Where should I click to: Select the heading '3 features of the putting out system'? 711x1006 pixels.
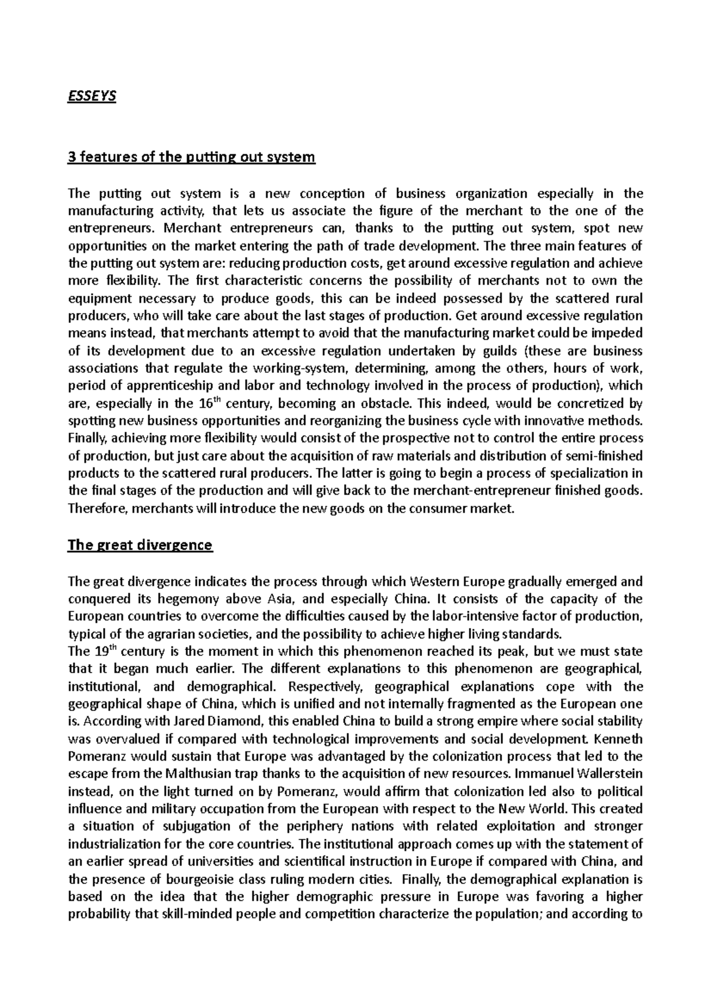[192, 158]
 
